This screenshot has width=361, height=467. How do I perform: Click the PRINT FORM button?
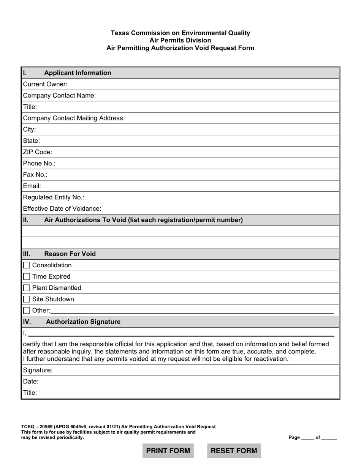click(x=168, y=451)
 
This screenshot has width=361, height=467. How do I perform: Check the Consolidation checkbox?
click(x=27, y=265)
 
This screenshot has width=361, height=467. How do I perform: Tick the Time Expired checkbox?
click(x=27, y=277)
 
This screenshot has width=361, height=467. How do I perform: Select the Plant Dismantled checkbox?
click(x=27, y=288)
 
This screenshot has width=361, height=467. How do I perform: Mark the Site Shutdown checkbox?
click(x=27, y=300)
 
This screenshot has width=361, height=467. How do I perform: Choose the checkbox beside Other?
click(x=27, y=311)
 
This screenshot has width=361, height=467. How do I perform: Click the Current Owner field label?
click(x=45, y=84)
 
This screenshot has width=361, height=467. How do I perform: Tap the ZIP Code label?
click(x=38, y=152)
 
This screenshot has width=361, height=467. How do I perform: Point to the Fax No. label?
click(x=35, y=175)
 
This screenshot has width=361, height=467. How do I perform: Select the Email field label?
click(x=32, y=186)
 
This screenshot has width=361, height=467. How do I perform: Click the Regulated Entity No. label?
click(x=54, y=197)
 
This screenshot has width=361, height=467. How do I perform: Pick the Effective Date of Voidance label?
click(x=62, y=209)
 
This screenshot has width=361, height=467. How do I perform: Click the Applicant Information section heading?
click(x=78, y=73)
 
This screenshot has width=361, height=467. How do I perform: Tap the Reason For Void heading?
click(x=70, y=254)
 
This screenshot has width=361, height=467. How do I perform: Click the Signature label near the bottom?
click(x=38, y=370)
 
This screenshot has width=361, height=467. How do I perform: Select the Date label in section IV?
click(x=31, y=382)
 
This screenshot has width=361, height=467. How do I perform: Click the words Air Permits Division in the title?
click(x=180, y=41)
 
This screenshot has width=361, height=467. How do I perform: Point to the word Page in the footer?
click(x=294, y=438)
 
